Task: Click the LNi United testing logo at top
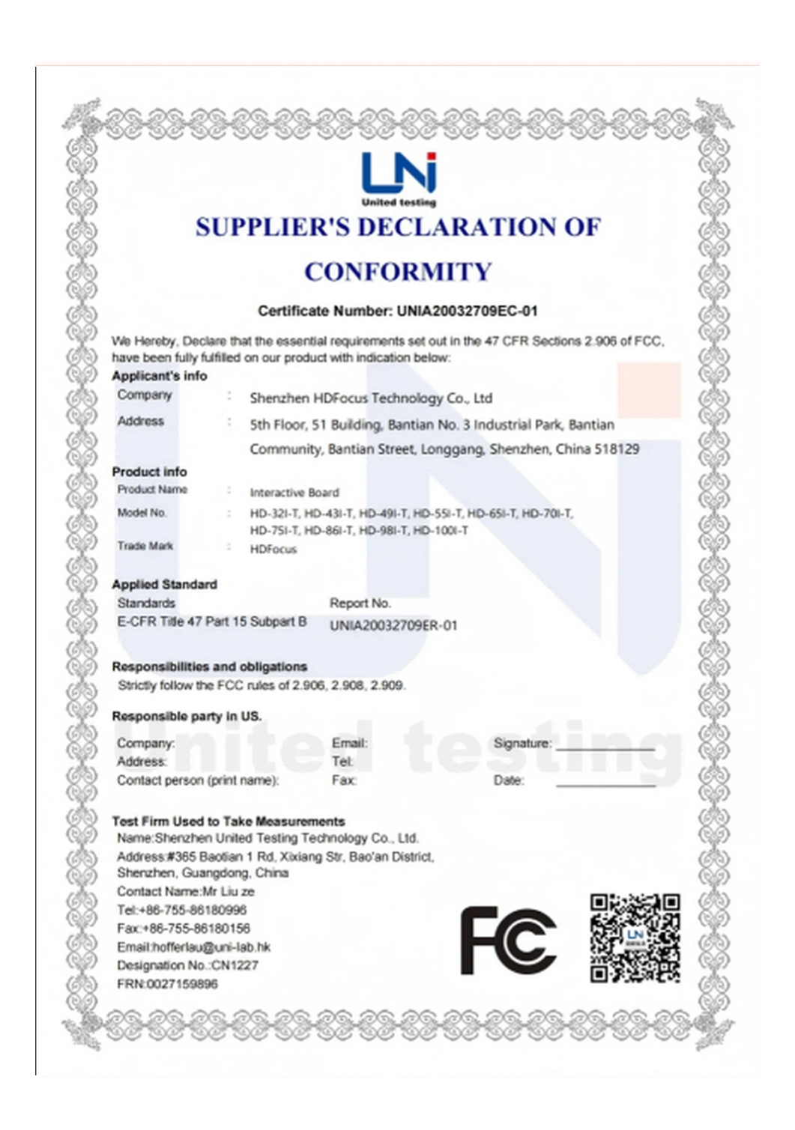click(x=399, y=179)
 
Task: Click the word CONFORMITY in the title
click(x=398, y=271)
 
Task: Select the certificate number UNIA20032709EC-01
click(x=467, y=311)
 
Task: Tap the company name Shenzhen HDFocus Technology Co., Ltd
click(x=371, y=398)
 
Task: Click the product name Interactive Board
click(x=294, y=493)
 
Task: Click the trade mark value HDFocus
click(x=273, y=549)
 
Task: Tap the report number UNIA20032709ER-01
click(x=393, y=625)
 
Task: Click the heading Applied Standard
click(x=164, y=584)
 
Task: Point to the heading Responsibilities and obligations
click(x=209, y=666)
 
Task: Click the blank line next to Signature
click(x=605, y=747)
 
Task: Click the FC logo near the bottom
click(x=508, y=940)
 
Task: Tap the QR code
click(x=635, y=938)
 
